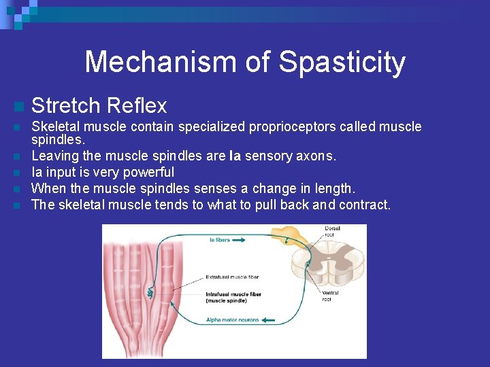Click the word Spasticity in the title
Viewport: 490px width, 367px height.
click(342, 63)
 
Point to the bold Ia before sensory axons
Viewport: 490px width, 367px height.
click(235, 156)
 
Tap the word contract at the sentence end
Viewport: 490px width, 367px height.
click(366, 205)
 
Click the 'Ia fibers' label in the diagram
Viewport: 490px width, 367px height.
click(220, 239)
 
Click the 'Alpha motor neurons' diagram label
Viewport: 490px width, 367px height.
click(233, 320)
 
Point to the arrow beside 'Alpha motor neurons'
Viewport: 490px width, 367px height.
click(268, 320)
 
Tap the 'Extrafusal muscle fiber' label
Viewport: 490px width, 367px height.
click(232, 277)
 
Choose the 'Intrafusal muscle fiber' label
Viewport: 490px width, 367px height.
click(232, 296)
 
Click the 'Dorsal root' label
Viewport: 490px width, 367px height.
click(332, 232)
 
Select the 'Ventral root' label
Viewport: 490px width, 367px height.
click(327, 296)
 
